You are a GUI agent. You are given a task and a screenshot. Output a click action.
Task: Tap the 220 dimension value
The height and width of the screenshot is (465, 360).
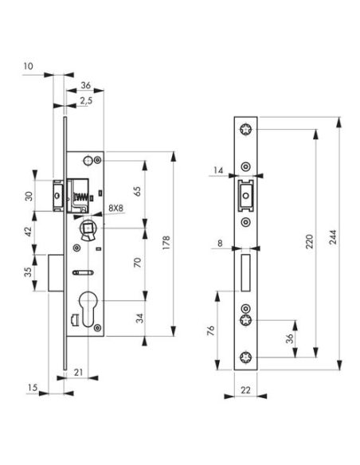(x=308, y=244)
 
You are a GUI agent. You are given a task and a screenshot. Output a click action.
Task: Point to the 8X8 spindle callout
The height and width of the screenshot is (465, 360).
(x=115, y=208)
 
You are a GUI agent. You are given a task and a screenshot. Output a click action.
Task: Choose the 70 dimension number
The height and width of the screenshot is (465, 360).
(x=138, y=262)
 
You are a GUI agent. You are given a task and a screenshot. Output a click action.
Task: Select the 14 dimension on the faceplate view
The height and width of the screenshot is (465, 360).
(x=217, y=169)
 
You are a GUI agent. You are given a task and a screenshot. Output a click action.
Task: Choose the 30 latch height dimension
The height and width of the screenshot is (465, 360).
(x=27, y=196)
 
